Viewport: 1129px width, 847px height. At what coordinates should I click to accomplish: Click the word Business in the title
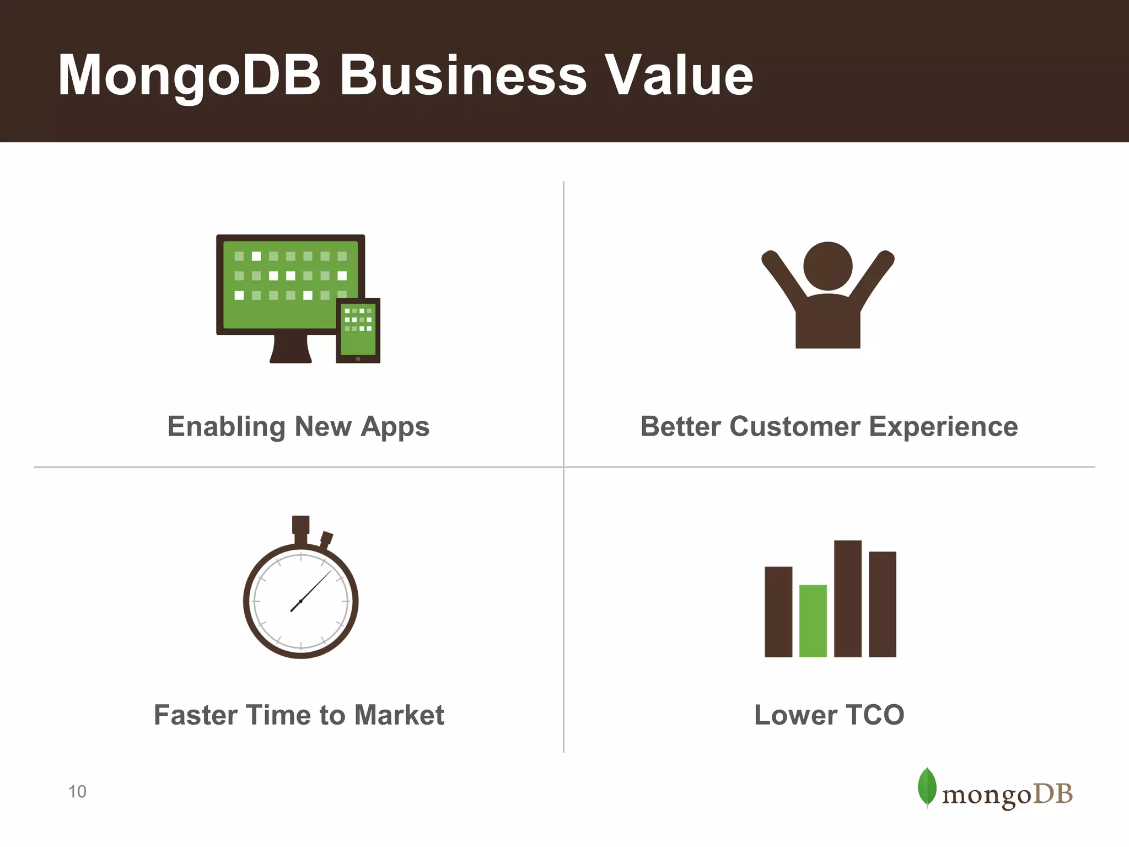point(463,76)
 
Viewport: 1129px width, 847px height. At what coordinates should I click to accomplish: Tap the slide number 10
point(77,792)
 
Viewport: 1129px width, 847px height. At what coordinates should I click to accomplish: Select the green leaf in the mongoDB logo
point(927,787)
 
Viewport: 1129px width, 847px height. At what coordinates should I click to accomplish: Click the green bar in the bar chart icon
point(813,621)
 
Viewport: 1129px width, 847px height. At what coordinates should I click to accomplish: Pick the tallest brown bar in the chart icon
point(847,598)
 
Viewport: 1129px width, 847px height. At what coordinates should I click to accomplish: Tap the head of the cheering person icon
point(827,266)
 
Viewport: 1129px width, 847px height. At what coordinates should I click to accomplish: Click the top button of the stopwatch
point(300,525)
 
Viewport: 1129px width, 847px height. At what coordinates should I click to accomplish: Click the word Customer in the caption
point(795,427)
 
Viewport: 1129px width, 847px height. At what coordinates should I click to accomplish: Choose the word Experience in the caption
point(943,427)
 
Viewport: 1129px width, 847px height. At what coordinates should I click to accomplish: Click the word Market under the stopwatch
point(399,715)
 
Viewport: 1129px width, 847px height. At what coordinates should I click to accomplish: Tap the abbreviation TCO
point(875,715)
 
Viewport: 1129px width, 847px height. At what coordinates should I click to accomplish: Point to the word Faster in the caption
point(195,715)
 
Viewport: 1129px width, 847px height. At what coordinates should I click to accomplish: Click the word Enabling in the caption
point(226,427)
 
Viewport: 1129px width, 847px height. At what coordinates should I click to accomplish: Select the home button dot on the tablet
point(358,359)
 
